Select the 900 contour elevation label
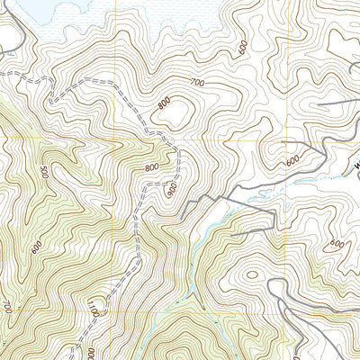[172, 190]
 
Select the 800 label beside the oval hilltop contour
[163, 103]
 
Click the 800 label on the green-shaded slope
[151, 167]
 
